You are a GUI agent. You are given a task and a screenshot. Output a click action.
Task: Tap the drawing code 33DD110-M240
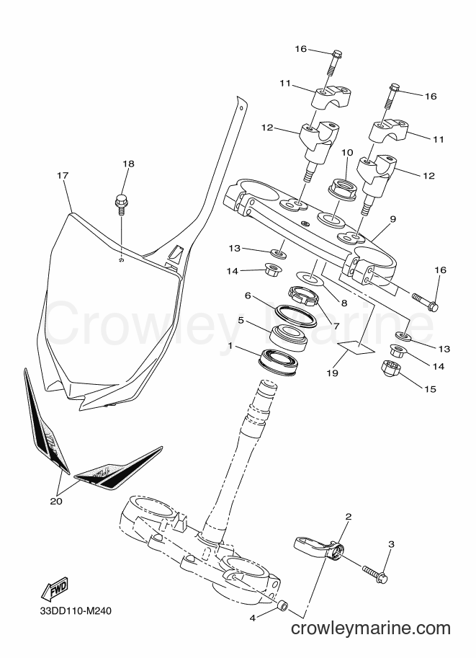76,610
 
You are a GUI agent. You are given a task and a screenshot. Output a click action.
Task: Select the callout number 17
63,176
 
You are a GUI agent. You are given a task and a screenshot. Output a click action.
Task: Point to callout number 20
56,501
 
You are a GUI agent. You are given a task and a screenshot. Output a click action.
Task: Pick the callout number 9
392,218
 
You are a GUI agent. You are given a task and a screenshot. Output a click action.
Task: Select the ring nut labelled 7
303,295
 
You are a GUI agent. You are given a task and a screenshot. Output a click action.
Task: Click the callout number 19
332,373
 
